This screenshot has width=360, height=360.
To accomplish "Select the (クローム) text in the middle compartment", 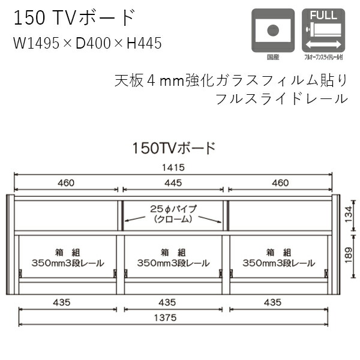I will coord(174,219).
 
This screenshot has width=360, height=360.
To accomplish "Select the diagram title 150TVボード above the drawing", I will coord(174,148).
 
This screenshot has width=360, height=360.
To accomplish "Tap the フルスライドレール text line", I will coord(281,98).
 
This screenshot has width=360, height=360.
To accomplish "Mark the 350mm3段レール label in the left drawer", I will coord(67,263).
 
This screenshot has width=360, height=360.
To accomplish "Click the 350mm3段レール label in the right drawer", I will coord(278,263).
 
